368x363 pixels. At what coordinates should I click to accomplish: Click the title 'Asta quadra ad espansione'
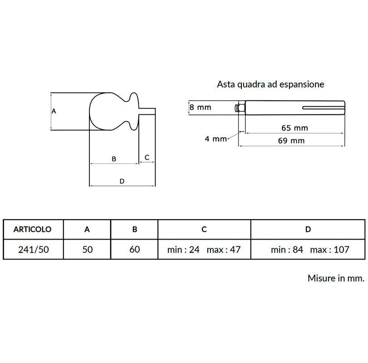[270, 84]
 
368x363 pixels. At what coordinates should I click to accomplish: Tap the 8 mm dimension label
[201, 108]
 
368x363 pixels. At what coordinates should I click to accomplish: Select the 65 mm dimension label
[295, 128]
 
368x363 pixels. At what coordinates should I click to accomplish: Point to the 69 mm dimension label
[291, 141]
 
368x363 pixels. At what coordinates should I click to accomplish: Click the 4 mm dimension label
[216, 139]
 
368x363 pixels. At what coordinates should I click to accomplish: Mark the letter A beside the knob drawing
[54, 111]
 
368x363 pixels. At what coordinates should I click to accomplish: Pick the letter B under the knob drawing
[114, 159]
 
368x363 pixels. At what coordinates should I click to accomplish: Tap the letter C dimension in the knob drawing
[147, 157]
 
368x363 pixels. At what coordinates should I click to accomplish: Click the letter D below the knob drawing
[122, 181]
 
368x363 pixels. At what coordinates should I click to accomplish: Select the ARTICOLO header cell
[33, 230]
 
